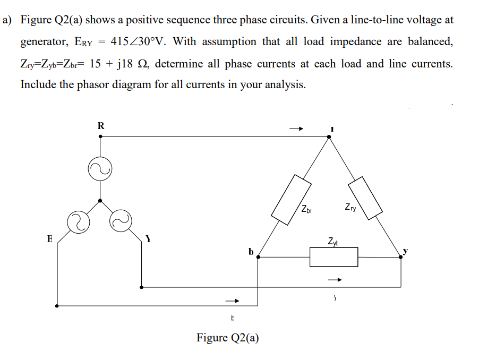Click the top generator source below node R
(100, 168)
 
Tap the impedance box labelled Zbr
(291, 198)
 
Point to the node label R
(101, 126)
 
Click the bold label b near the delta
(251, 250)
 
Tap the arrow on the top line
(296, 128)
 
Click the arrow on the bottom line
(233, 301)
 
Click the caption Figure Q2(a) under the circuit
(228, 338)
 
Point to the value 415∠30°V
(136, 41)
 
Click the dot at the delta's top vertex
(329, 136)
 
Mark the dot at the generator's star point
(100, 201)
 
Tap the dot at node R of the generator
(101, 136)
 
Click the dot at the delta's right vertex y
(401, 256)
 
